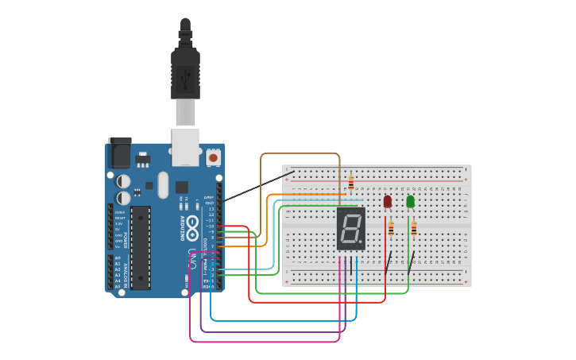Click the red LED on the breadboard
388,202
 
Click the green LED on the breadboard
411,202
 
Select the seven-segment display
351,229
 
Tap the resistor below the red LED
391,230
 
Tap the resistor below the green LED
413,230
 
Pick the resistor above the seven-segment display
351,184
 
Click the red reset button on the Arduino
213,157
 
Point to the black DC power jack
119,152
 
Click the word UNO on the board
193,259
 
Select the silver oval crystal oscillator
163,185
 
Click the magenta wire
262,342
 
